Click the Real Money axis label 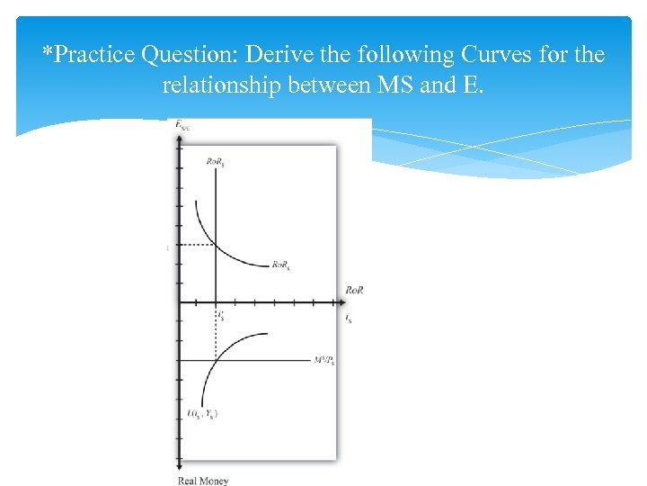pos(202,481)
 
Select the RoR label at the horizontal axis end pos(354,290)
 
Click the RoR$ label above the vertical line pos(216,162)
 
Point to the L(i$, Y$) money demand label pos(202,414)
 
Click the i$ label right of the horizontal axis pos(349,318)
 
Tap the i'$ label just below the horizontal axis pos(220,315)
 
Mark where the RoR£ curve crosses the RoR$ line pos(216,245)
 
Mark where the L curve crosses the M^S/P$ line pos(216,361)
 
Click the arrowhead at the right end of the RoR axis pos(337,302)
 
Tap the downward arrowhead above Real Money pos(179,464)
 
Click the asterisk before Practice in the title pos(47,49)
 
